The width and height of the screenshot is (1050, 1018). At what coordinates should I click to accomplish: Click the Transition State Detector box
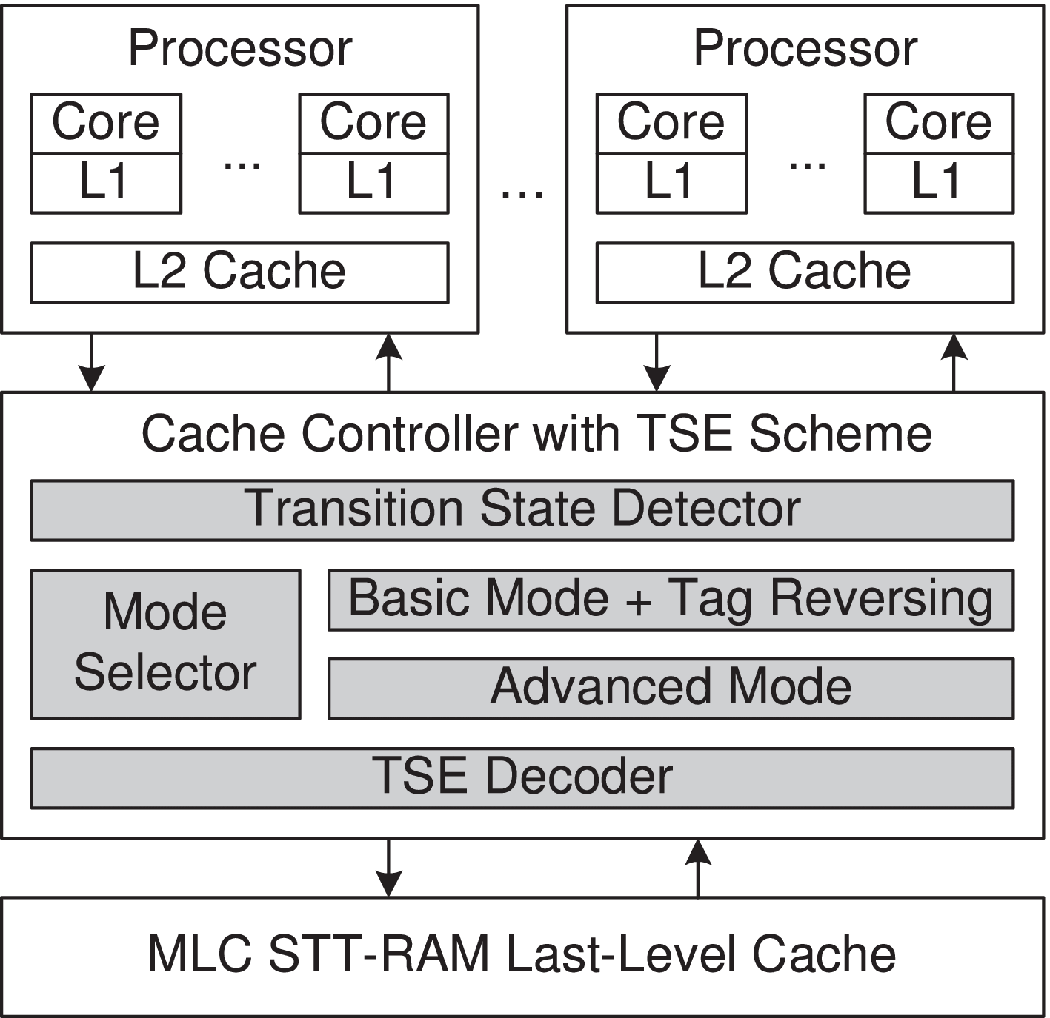pyautogui.click(x=522, y=510)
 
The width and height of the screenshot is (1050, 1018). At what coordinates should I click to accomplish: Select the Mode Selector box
pyautogui.click(x=165, y=643)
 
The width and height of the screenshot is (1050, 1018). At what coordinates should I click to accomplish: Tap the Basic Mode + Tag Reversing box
pyautogui.click(x=671, y=600)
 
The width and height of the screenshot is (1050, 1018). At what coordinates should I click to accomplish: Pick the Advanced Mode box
pyautogui.click(x=671, y=689)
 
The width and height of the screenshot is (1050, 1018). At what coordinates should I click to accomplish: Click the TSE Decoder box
pyautogui.click(x=522, y=777)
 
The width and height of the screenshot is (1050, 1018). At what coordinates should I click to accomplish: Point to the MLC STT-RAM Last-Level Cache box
pyautogui.click(x=522, y=956)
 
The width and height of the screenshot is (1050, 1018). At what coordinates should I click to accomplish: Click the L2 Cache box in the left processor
pyautogui.click(x=239, y=272)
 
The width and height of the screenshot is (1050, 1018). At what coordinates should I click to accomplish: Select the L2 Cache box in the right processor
pyautogui.click(x=805, y=272)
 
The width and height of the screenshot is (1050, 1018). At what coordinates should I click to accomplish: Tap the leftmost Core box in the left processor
pyautogui.click(x=106, y=123)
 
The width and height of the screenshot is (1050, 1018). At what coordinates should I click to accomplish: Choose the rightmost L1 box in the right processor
pyautogui.click(x=939, y=184)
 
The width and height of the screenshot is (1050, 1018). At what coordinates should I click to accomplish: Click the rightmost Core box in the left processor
pyautogui.click(x=373, y=123)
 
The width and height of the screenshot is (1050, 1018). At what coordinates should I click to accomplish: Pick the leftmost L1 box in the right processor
pyautogui.click(x=671, y=184)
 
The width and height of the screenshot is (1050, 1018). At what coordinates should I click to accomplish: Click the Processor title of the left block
pyautogui.click(x=239, y=49)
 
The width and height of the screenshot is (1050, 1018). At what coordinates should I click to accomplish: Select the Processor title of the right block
pyautogui.click(x=805, y=49)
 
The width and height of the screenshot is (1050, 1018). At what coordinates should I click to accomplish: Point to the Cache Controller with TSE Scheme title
pyautogui.click(x=536, y=434)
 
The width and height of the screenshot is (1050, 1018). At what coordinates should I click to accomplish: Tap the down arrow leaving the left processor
pyautogui.click(x=91, y=363)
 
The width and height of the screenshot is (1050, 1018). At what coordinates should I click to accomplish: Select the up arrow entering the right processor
pyautogui.click(x=954, y=363)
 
